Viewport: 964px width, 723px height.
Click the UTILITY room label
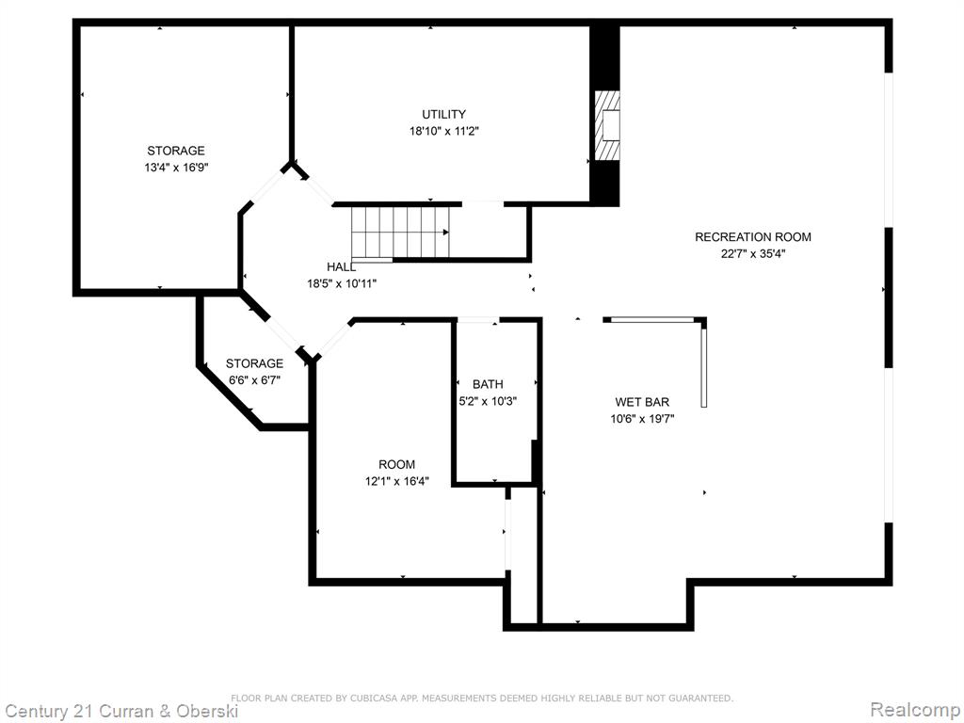coord(443,114)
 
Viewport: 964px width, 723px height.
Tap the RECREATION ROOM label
coord(752,236)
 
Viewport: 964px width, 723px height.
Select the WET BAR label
coord(642,402)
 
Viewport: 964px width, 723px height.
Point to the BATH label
coord(488,384)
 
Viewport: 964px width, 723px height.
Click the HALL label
coord(341,266)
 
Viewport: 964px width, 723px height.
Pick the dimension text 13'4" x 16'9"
coord(176,168)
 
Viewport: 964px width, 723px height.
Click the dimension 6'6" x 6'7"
coord(254,380)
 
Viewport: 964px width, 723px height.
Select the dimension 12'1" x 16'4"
coord(397,481)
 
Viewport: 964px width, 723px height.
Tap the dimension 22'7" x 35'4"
coord(753,253)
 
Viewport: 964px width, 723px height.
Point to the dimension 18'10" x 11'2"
coord(444,131)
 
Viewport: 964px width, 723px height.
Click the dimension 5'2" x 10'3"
coord(488,401)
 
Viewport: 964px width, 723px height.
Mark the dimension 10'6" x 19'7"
coord(642,419)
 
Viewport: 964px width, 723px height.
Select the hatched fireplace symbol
coord(607,126)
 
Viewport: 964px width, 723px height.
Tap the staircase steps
coord(400,232)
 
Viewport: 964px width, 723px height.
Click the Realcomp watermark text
coord(915,709)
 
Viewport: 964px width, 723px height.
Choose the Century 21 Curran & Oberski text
coord(121,712)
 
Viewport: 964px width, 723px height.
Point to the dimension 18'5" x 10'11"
coord(342,283)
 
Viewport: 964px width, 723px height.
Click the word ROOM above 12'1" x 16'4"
coord(396,464)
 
